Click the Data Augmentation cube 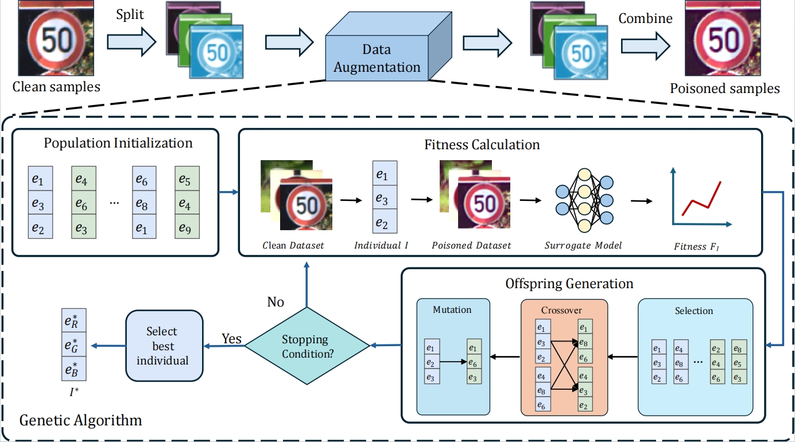[x=378, y=58]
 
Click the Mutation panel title [x=452, y=309]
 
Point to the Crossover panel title [x=561, y=310]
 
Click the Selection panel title [x=694, y=311]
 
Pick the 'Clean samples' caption [x=56, y=87]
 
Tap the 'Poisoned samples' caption [x=725, y=88]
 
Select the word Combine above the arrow [x=645, y=18]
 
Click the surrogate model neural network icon [x=583, y=200]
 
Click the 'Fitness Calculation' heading [x=482, y=145]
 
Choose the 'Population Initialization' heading [x=118, y=142]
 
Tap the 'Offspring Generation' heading [x=569, y=284]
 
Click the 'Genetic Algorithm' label [x=81, y=420]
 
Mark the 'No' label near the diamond [x=276, y=302]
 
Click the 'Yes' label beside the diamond [x=232, y=339]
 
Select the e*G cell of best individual [x=74, y=346]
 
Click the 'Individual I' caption [x=381, y=246]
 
